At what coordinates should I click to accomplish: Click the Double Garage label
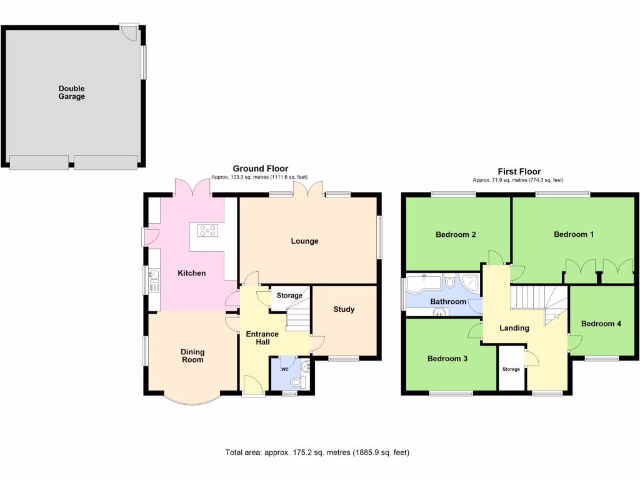(x=72, y=92)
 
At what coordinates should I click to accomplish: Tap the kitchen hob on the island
(x=208, y=231)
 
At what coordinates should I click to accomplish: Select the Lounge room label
(x=304, y=241)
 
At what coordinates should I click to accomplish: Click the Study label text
(x=344, y=309)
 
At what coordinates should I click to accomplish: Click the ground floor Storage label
(x=289, y=296)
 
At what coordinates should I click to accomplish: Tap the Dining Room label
(x=192, y=356)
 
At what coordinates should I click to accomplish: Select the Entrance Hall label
(x=262, y=338)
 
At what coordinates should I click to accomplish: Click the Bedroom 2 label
(x=456, y=235)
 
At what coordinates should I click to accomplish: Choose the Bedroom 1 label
(x=574, y=235)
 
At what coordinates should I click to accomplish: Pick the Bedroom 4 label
(x=601, y=324)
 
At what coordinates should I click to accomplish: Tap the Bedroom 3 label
(x=447, y=359)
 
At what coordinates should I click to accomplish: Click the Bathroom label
(x=448, y=302)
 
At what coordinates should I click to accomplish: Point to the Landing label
(x=514, y=328)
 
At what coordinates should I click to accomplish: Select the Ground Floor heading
(x=261, y=169)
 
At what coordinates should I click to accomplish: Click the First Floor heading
(x=519, y=172)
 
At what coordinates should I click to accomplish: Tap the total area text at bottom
(x=317, y=452)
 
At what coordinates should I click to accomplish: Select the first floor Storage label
(x=511, y=369)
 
